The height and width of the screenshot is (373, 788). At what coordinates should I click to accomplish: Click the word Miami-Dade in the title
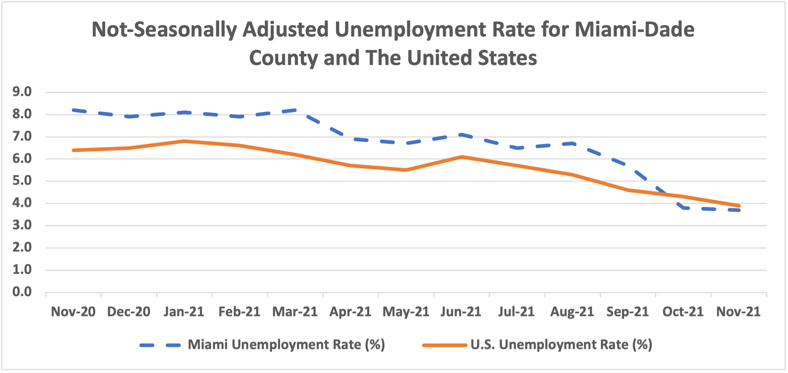[x=634, y=30]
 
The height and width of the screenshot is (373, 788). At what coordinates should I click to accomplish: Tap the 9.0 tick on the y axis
[x=22, y=92]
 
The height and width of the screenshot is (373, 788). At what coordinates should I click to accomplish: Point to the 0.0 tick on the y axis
[x=22, y=292]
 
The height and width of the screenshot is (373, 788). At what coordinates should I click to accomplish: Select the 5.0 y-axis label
[x=22, y=181]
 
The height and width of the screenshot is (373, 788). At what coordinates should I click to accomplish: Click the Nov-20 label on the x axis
[x=73, y=312]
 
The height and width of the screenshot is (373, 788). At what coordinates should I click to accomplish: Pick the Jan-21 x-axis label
[x=184, y=312]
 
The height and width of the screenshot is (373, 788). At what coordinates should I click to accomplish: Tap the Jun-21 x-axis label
[x=461, y=312]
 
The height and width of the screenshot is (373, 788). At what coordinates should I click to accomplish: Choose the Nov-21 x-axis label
[x=738, y=312]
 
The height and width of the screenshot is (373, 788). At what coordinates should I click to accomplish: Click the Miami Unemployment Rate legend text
[x=286, y=345]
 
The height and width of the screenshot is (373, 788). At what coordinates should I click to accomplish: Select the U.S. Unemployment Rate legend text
[x=561, y=345]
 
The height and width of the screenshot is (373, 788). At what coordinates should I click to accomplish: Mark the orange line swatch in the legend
[x=444, y=345]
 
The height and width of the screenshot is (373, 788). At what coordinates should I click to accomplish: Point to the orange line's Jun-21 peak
[x=462, y=157]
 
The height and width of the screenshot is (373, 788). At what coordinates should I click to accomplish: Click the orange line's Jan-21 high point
[x=184, y=141]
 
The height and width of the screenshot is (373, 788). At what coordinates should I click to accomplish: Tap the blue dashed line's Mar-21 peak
[x=295, y=110]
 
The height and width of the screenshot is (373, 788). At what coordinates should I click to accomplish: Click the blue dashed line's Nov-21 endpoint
[x=739, y=210]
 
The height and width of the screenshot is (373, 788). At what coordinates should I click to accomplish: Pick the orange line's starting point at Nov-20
[x=73, y=150]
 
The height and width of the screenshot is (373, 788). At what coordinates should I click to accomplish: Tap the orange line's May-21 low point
[x=406, y=170]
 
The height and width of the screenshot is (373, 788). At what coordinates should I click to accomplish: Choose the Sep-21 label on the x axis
[x=627, y=312]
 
